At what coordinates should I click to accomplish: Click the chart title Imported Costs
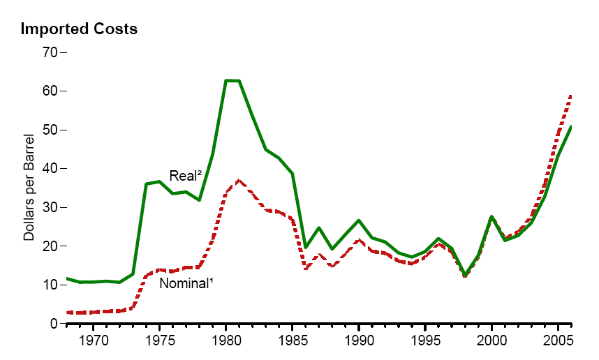coord(79,29)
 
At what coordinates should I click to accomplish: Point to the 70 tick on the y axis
coord(50,52)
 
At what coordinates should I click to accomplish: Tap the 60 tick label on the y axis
coord(50,91)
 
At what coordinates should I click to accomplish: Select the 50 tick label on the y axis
coord(50,130)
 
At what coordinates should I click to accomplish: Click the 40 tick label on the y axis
coord(50,169)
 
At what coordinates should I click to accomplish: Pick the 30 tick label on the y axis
coord(50,208)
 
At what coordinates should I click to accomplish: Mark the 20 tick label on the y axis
coord(50,246)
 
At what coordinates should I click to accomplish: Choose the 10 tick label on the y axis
coord(50,285)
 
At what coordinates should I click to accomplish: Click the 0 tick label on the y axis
coord(54,324)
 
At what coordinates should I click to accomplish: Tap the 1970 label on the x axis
coord(94,341)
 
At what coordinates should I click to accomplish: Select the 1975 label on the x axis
coord(160,341)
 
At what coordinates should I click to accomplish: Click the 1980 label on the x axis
coord(226,341)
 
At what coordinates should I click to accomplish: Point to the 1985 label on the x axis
coord(293,341)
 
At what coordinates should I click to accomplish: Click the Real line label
coord(185,176)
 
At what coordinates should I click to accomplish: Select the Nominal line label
coord(185,283)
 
